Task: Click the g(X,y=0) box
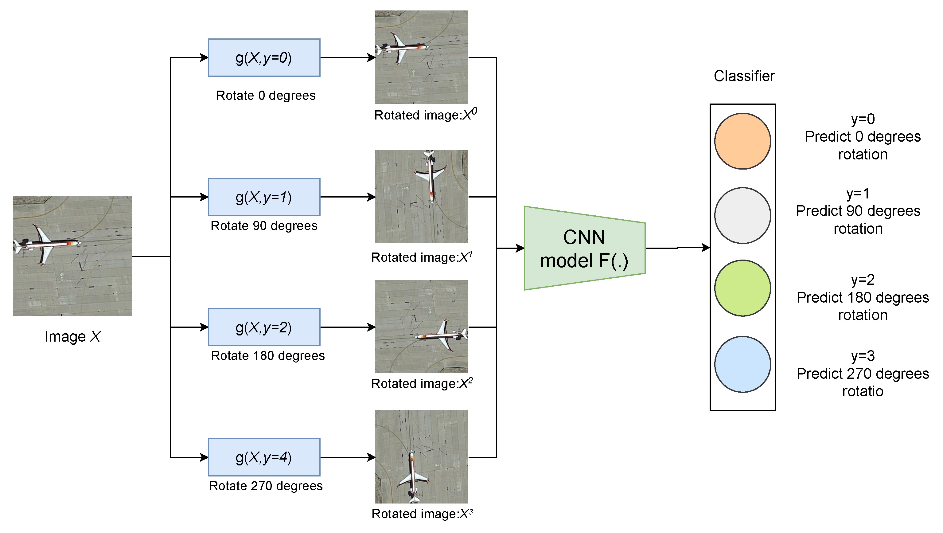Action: (264, 57)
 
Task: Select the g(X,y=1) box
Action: (264, 197)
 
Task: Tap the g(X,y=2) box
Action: (264, 327)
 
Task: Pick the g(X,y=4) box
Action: (264, 457)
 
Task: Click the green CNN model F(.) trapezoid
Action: (584, 248)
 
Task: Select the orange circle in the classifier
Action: (742, 141)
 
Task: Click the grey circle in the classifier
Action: (742, 215)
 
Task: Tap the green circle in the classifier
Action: (742, 288)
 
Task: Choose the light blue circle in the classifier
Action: (742, 364)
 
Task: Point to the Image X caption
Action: (72, 336)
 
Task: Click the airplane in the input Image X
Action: (46, 244)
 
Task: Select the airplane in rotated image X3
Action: (413, 476)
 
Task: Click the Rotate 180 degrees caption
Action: (267, 356)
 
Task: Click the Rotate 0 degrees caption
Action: (266, 96)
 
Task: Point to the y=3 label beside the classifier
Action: (863, 356)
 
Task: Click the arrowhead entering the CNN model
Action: (520, 248)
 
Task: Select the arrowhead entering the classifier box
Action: (705, 248)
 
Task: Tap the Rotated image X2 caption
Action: (422, 383)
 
